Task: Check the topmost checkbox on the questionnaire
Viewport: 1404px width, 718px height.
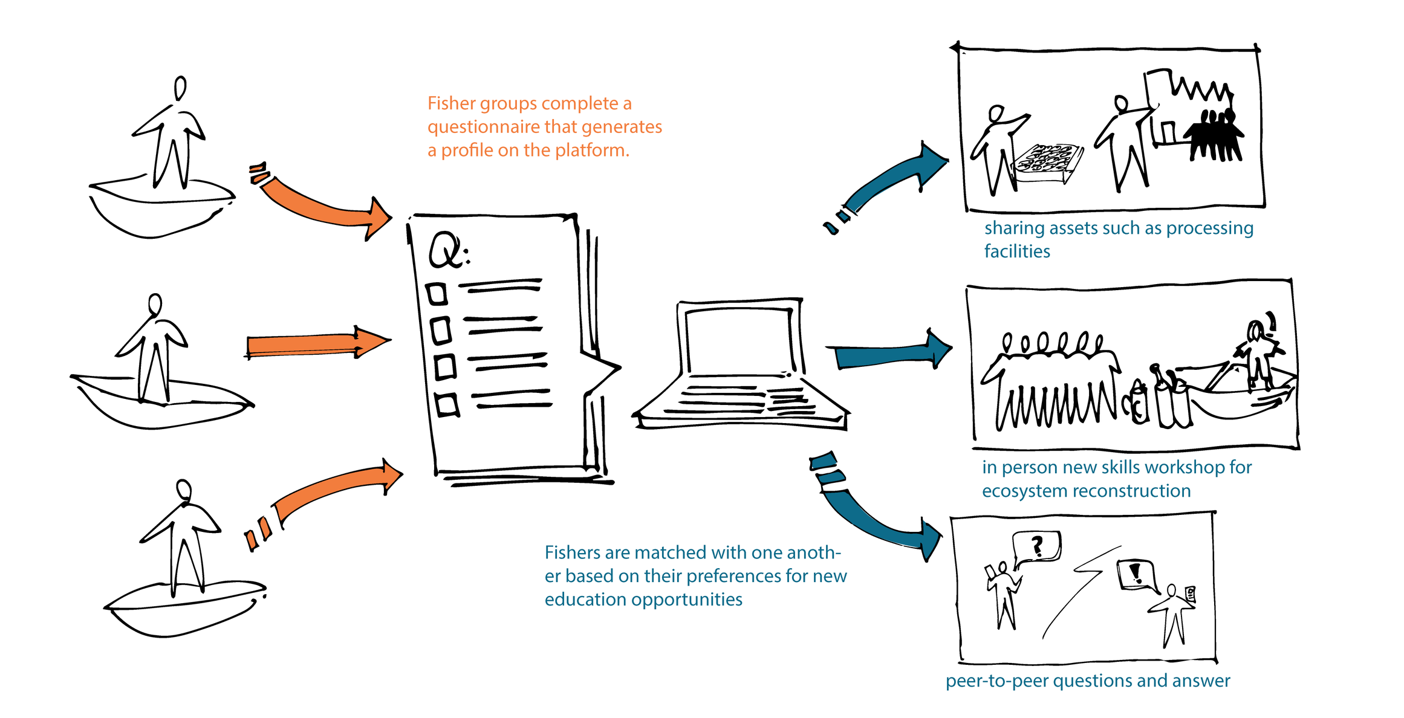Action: click(437, 294)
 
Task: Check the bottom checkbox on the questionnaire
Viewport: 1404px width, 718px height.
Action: click(447, 404)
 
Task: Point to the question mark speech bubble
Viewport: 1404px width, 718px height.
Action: click(1036, 546)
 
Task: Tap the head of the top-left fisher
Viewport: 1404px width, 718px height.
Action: click(180, 88)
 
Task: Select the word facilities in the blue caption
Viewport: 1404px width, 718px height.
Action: click(1017, 251)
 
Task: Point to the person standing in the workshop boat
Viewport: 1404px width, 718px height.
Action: click(1258, 354)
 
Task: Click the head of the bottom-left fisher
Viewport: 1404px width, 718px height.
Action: click(184, 489)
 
